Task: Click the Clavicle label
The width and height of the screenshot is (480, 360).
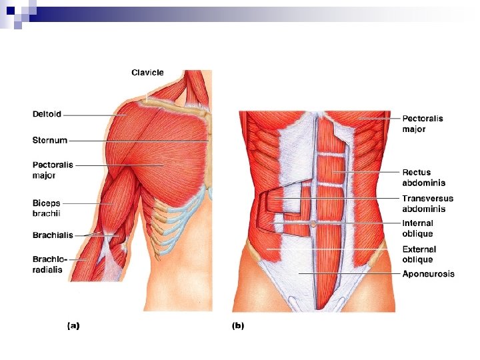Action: [147, 73]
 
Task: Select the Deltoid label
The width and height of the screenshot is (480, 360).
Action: [47, 114]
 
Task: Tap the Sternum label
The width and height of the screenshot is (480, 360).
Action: [50, 140]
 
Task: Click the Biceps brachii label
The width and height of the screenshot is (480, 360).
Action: [47, 208]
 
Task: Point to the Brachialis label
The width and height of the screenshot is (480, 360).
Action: [53, 235]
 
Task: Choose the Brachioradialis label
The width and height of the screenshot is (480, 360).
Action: [47, 264]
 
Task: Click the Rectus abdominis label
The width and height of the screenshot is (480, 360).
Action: [423, 177]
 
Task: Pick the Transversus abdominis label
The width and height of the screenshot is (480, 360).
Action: [427, 203]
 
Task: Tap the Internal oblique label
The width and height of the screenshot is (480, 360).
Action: [417, 229]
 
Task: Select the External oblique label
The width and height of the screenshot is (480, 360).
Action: [418, 255]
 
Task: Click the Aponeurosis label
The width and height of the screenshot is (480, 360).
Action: [428, 274]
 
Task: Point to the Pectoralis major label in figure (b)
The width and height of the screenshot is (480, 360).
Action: [423, 123]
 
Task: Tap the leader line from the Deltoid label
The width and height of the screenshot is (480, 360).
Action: [93, 115]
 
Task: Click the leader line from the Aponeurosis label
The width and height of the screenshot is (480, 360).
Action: [347, 273]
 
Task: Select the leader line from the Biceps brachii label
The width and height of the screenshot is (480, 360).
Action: [83, 203]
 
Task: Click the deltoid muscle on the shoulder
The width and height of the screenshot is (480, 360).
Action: [130, 120]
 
